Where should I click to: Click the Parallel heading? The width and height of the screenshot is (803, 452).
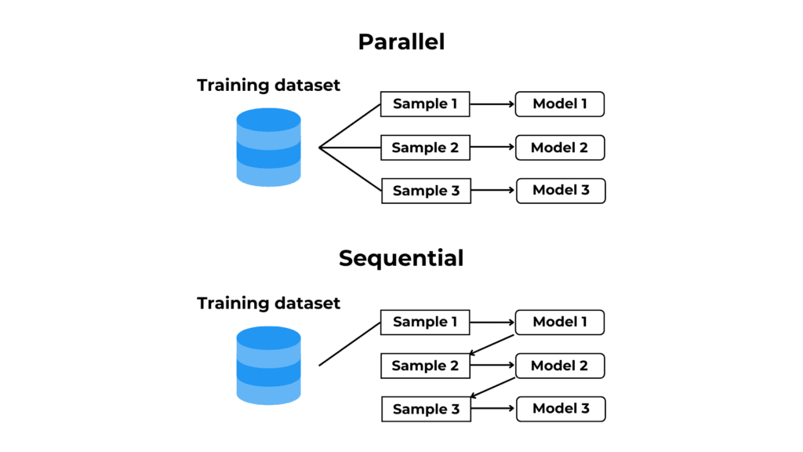click(401, 42)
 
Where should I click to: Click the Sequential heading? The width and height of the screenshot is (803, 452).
click(401, 258)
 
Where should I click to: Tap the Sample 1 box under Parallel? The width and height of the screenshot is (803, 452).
click(425, 104)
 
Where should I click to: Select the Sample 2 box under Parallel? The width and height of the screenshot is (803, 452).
click(426, 148)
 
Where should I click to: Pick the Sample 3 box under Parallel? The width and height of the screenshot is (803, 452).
click(426, 191)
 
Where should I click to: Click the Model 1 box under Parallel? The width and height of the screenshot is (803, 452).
click(560, 104)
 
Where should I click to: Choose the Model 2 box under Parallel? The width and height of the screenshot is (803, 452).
click(560, 148)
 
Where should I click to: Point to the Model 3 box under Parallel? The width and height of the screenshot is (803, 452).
click(561, 191)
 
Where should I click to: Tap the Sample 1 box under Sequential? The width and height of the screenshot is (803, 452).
click(425, 323)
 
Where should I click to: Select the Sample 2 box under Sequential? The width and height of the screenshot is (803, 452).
click(426, 366)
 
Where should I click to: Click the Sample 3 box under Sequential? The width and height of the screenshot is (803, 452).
click(426, 409)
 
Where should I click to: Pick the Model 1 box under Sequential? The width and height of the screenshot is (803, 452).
click(560, 323)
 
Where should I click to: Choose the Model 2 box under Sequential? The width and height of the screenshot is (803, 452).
click(560, 366)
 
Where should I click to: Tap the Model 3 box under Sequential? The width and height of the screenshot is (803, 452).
click(561, 409)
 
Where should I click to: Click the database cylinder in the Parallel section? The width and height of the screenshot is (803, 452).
click(268, 147)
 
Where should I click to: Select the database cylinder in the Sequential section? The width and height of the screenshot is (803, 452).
click(268, 366)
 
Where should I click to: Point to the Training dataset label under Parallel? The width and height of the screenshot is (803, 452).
click(268, 85)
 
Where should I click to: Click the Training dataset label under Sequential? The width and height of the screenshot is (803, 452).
click(268, 304)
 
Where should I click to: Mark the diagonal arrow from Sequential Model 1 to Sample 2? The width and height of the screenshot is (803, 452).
click(492, 345)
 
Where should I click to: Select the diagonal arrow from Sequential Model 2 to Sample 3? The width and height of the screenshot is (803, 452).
click(492, 388)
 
